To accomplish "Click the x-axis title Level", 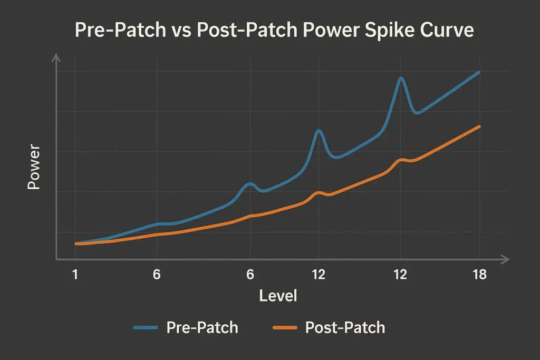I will pyautogui.click(x=278, y=296).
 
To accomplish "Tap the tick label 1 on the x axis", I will pyautogui.click(x=75, y=275).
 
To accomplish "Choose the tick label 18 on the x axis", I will pyautogui.click(x=479, y=275).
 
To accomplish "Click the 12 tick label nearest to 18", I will pyautogui.click(x=400, y=275).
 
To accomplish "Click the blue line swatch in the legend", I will pyautogui.click(x=146, y=328).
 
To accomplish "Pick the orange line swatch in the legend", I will pyautogui.click(x=285, y=328).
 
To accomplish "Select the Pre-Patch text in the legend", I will pyautogui.click(x=202, y=328).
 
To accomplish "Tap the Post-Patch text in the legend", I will pyautogui.click(x=345, y=328).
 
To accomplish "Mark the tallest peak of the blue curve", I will pyautogui.click(x=401, y=78).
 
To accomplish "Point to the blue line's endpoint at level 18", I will pyautogui.click(x=479, y=72).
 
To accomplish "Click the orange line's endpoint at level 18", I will pyautogui.click(x=479, y=127).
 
